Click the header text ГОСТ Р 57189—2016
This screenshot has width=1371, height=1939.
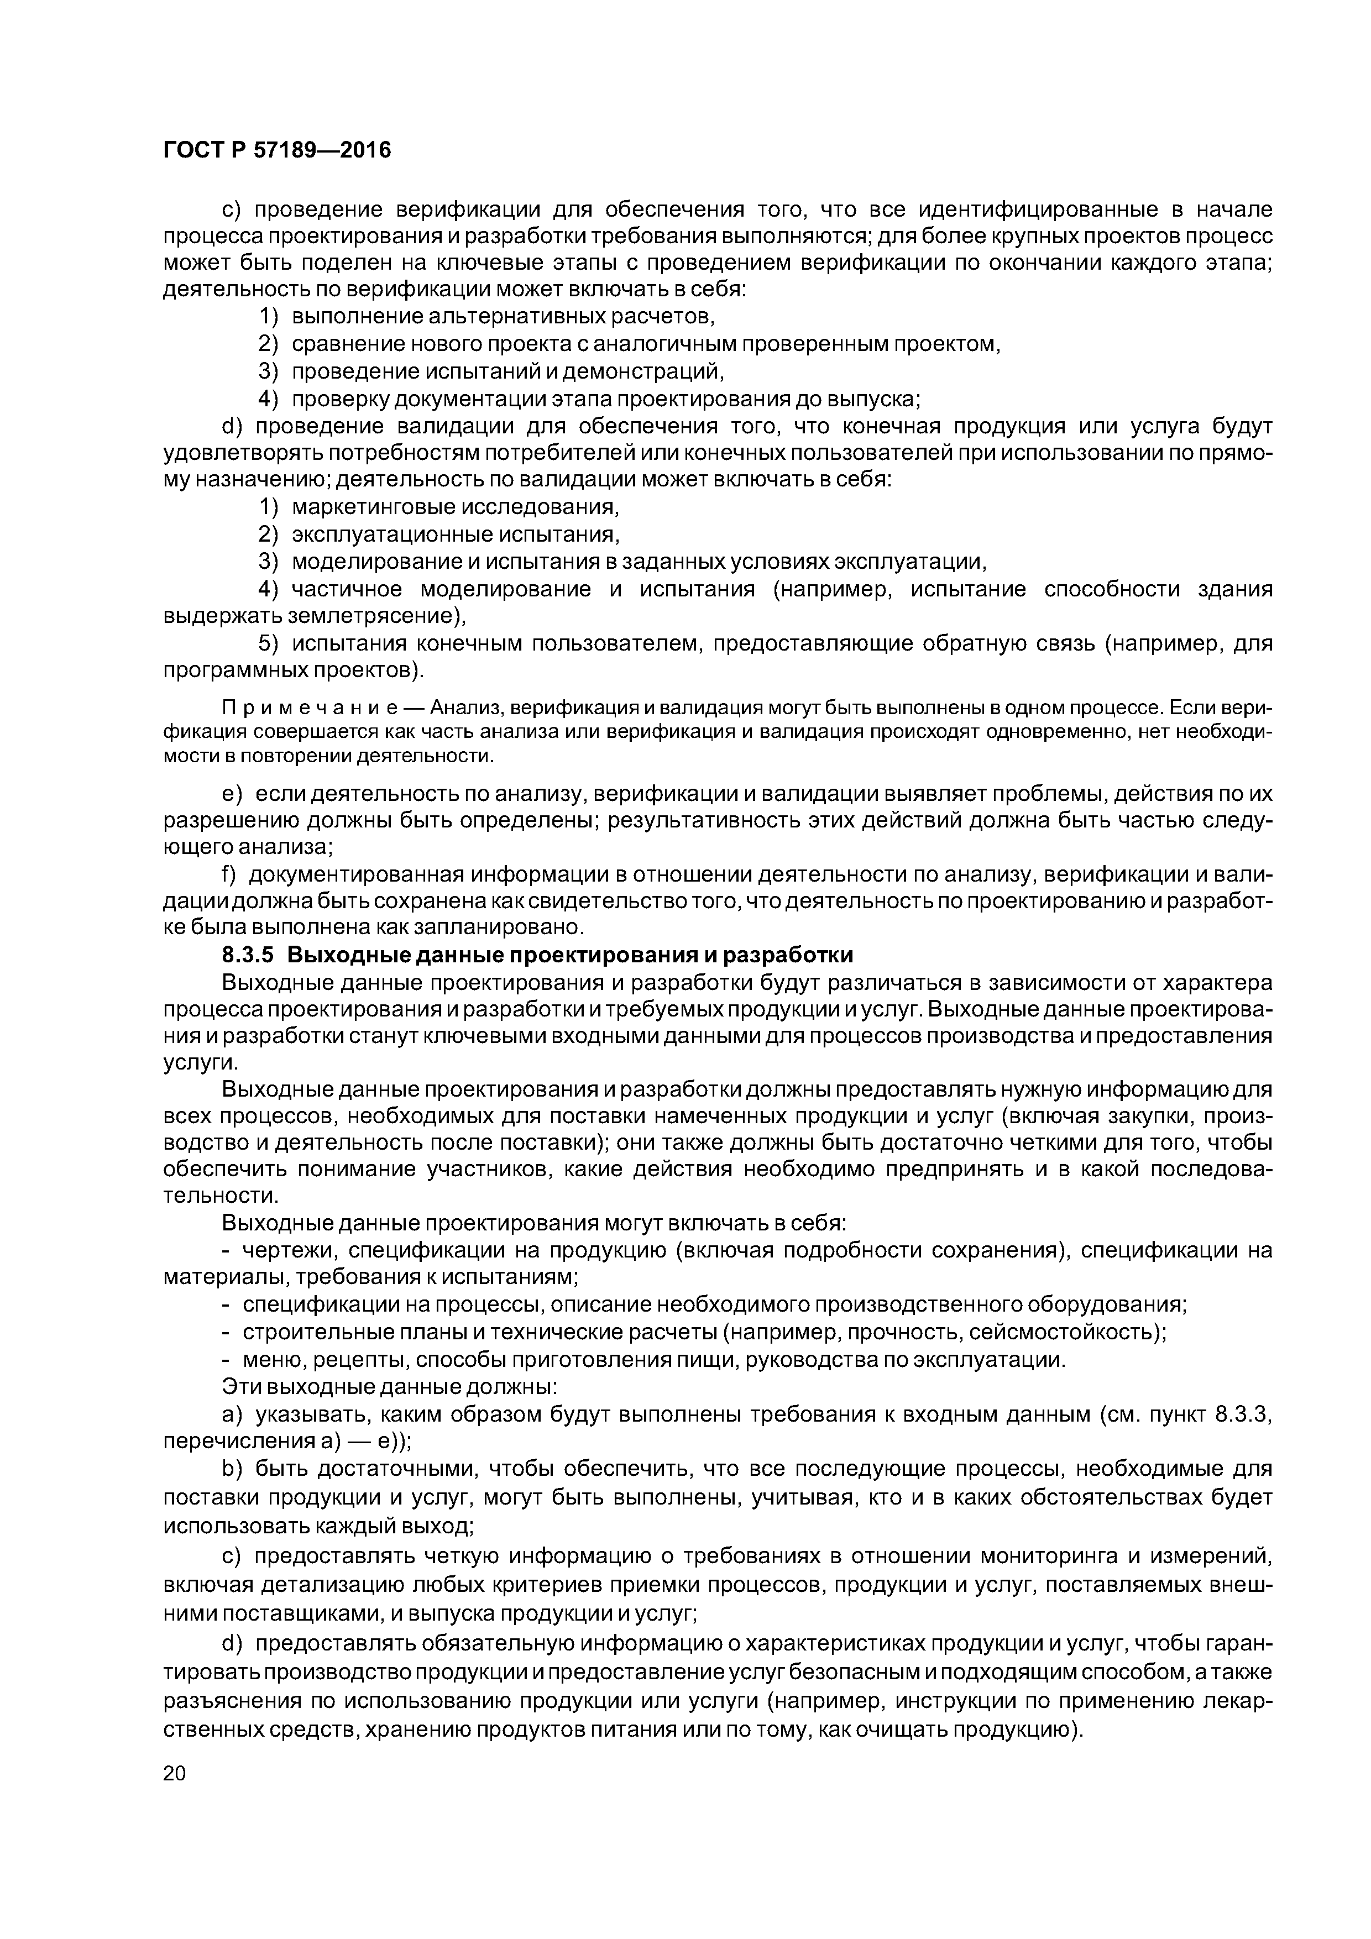[x=277, y=150]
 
